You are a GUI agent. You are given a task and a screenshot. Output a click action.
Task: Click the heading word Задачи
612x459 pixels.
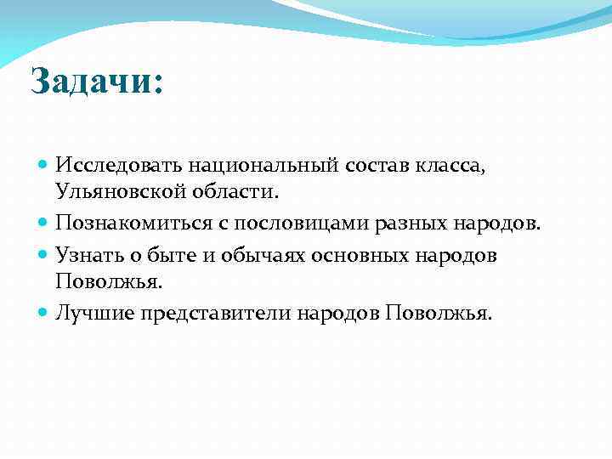pyautogui.click(x=90, y=82)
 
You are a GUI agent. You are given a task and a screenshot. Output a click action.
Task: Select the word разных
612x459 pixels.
pyautogui.click(x=420, y=223)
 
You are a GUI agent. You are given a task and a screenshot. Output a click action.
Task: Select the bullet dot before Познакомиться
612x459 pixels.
pyautogui.click(x=44, y=224)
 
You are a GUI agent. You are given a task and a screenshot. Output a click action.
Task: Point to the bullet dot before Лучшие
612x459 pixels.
pyautogui.click(x=44, y=313)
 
